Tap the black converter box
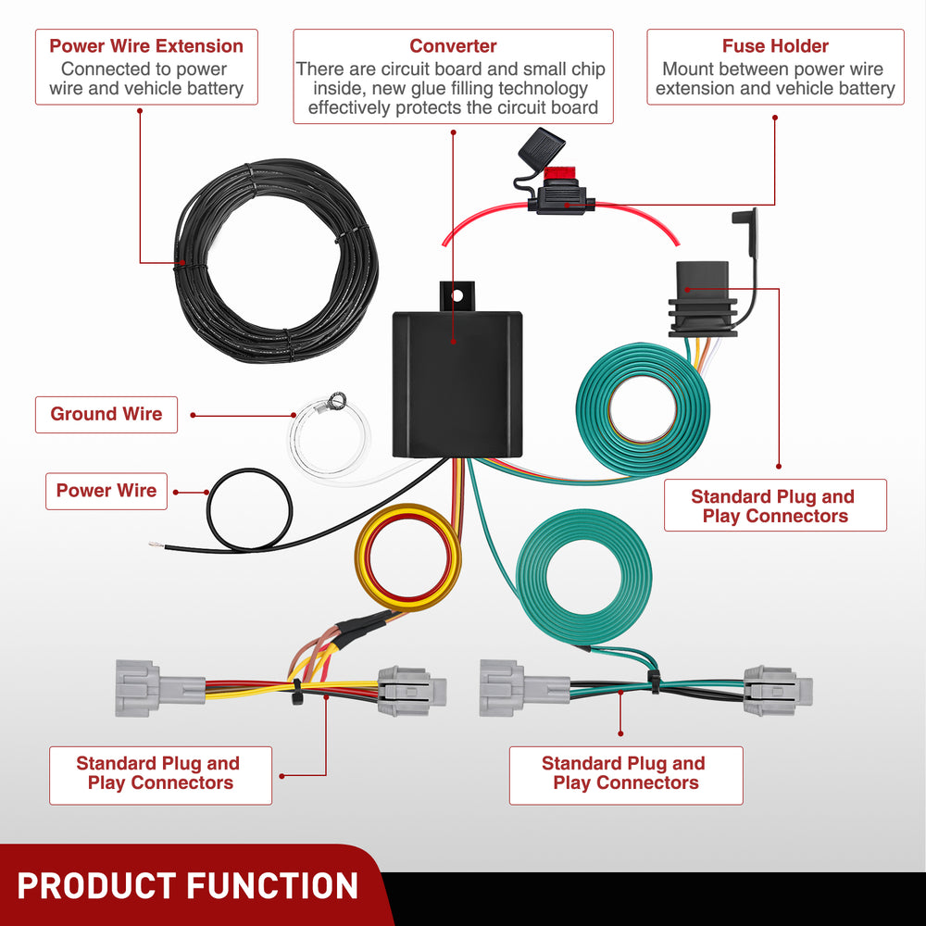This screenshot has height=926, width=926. (x=457, y=384)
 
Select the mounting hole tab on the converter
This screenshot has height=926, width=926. (x=456, y=296)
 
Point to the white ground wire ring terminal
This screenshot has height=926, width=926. (x=336, y=402)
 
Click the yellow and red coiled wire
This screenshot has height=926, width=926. (x=408, y=556)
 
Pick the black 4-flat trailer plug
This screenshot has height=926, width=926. (x=701, y=296)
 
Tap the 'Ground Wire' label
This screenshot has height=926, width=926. (x=106, y=414)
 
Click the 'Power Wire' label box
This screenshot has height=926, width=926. (x=106, y=491)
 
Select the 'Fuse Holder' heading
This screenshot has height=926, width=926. (x=775, y=46)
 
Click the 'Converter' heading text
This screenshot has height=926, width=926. (x=453, y=46)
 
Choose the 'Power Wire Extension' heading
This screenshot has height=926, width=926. (x=146, y=46)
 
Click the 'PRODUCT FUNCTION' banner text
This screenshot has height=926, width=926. (x=188, y=885)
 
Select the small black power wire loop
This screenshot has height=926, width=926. (x=249, y=510)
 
